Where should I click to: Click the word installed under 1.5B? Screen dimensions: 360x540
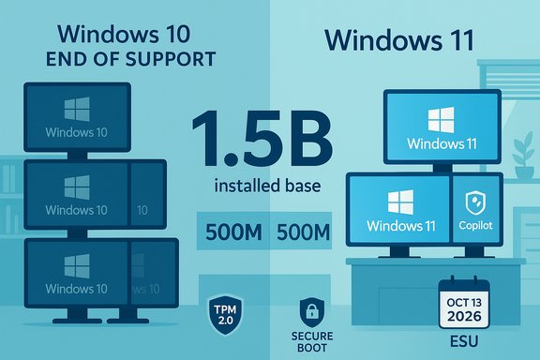(236, 186)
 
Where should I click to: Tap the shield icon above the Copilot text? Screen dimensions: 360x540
(474, 199)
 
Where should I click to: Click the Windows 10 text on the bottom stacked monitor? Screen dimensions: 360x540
(76, 288)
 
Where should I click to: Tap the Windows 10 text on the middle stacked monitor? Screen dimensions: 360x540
(76, 210)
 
